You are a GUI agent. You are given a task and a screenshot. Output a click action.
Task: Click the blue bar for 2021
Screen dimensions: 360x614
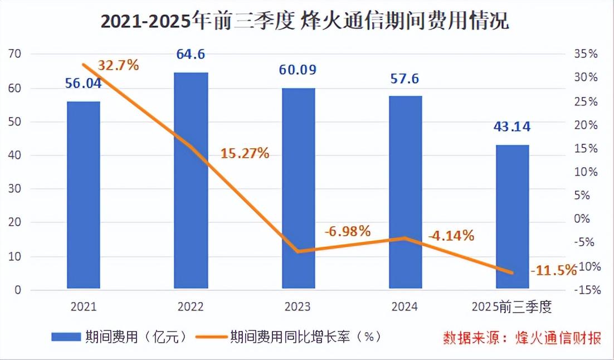[x=84, y=195]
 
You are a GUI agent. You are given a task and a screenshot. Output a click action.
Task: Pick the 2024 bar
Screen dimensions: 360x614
[x=406, y=192]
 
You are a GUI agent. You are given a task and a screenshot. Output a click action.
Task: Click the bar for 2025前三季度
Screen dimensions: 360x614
[x=513, y=217]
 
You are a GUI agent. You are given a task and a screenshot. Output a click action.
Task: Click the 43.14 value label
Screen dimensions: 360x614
[x=512, y=127]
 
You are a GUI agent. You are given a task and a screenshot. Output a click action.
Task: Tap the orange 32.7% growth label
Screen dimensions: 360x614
[x=118, y=65]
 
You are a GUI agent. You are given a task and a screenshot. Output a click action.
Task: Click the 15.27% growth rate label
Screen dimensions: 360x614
[x=245, y=153]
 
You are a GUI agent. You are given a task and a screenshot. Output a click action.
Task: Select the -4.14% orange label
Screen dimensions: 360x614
[x=451, y=236]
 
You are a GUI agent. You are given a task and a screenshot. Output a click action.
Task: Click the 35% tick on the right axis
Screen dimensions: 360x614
[x=586, y=54]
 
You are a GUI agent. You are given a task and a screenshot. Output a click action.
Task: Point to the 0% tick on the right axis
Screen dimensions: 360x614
[x=583, y=219]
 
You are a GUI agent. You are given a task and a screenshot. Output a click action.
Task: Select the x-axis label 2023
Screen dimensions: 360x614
[x=298, y=307]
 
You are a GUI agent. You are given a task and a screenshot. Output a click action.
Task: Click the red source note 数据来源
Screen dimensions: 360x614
[x=522, y=338]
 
